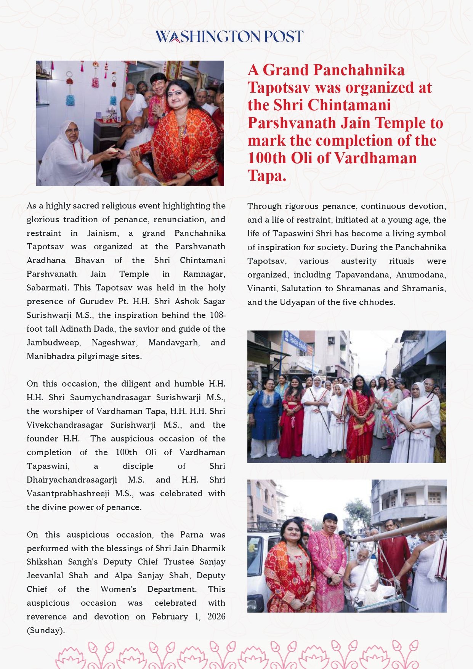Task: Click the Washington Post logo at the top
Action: click(x=229, y=37)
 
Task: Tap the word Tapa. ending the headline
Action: click(x=266, y=175)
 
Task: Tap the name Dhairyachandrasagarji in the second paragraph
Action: click(x=72, y=480)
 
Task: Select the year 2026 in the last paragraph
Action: click(x=216, y=616)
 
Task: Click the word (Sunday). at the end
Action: click(x=46, y=630)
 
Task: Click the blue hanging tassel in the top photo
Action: click(x=70, y=100)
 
